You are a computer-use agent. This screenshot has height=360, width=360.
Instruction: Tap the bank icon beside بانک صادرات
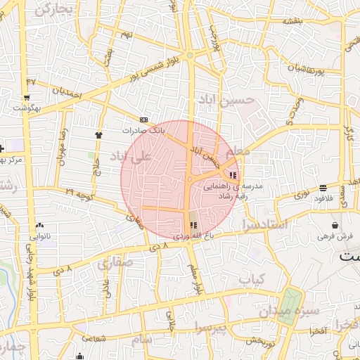click(144, 120)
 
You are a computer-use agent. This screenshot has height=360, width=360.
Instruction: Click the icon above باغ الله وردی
click(193, 225)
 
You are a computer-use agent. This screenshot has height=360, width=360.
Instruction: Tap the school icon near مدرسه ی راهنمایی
click(233, 176)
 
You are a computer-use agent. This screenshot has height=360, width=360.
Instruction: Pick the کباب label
click(250, 279)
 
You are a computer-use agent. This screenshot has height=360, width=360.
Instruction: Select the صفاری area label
click(115, 264)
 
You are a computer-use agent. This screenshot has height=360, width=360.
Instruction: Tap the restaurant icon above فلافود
click(323, 188)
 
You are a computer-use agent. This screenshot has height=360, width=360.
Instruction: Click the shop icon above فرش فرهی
click(334, 226)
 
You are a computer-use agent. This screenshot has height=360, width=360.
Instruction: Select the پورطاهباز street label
click(309, 67)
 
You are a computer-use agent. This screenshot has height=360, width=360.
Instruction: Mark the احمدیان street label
click(70, 91)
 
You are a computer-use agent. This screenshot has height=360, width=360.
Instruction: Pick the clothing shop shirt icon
click(98, 134)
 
